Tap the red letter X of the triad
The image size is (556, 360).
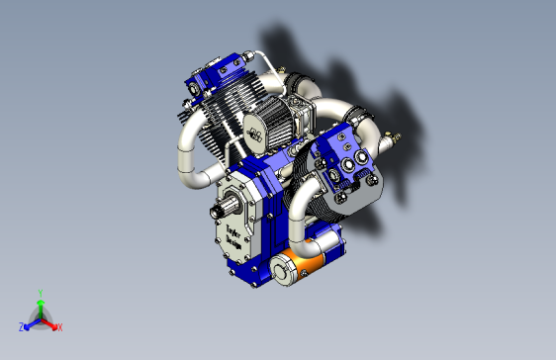(59, 327)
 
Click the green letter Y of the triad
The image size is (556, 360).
(40, 293)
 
